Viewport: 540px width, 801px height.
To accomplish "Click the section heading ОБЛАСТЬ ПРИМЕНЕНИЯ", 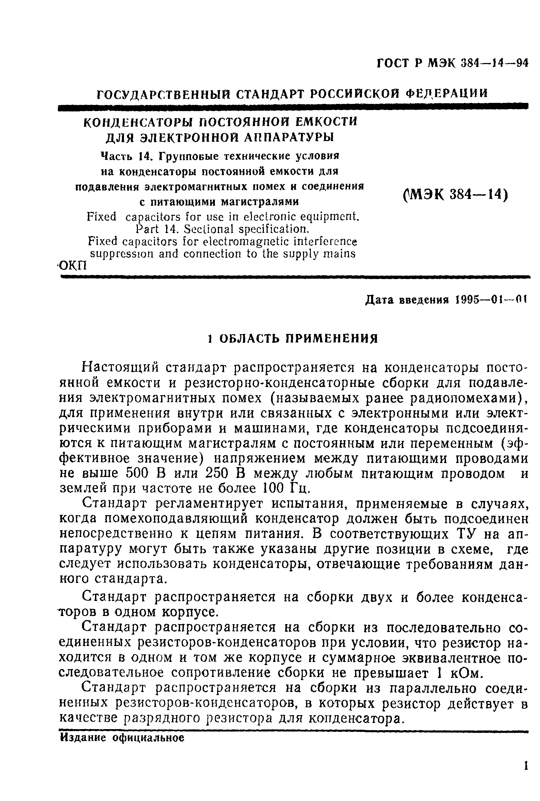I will point(298,339).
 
